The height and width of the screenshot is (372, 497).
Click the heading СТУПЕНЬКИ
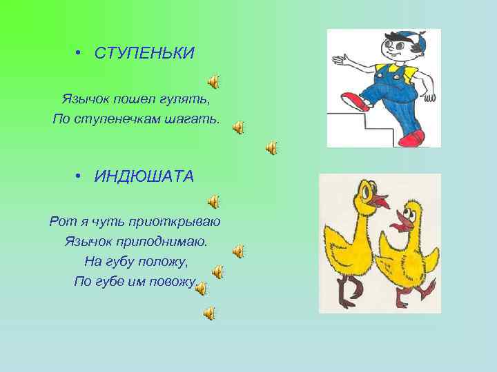coord(144,53)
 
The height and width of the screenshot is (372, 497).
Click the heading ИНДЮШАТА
coord(144,176)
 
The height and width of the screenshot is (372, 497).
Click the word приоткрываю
coord(176,221)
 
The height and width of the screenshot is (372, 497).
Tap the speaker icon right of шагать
coord(238,127)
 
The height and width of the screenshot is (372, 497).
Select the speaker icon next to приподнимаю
coord(238,251)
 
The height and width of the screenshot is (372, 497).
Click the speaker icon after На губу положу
coord(217,272)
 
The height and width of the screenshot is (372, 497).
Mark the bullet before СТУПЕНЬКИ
coord(80,53)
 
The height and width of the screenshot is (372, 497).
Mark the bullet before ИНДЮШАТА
coord(80,176)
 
